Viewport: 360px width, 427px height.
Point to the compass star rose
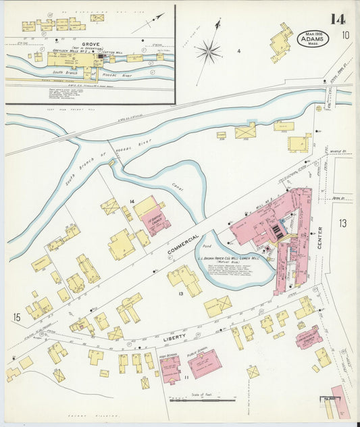tap(209, 50)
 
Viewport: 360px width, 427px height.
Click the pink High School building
tap(170, 369)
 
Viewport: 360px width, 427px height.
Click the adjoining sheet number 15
tap(16, 316)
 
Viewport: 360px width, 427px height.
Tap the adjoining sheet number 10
tap(345, 35)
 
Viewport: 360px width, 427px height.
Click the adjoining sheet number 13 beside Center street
tap(342, 223)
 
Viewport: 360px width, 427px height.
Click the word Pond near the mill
tap(207, 247)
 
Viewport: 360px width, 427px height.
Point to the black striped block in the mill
tap(278, 232)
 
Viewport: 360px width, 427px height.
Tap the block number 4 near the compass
tap(238, 51)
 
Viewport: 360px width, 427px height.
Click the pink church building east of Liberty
tap(308, 336)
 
